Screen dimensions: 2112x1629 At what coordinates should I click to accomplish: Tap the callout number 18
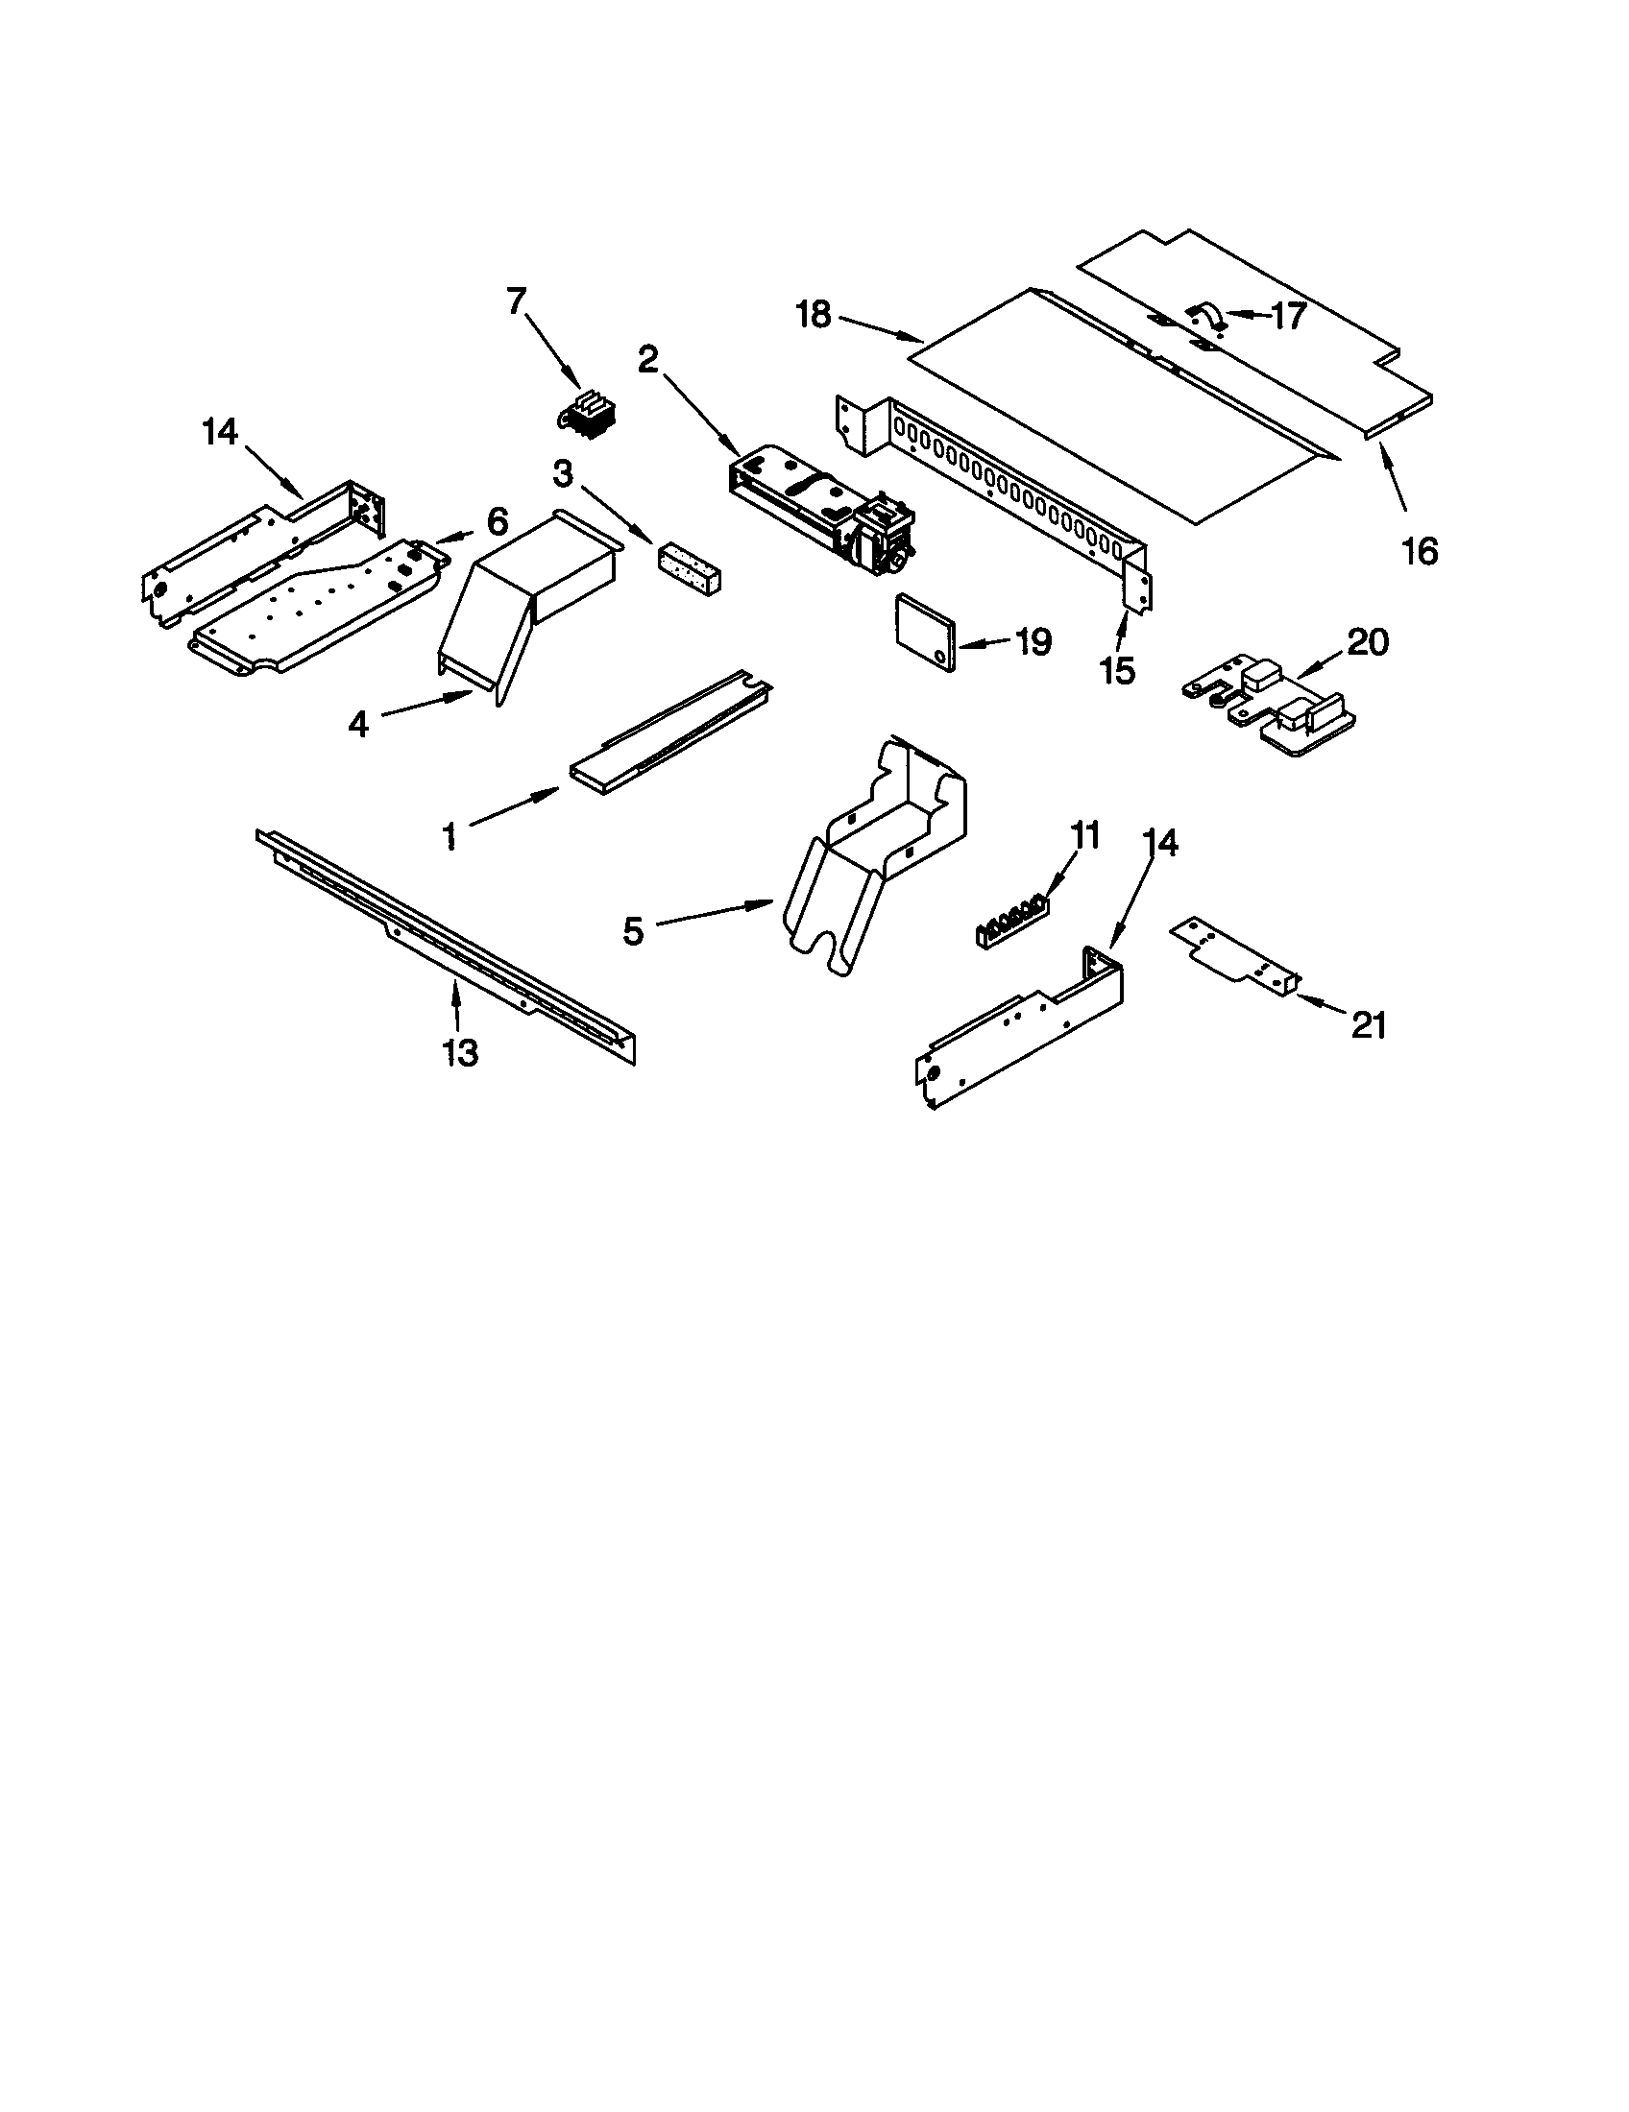point(814,314)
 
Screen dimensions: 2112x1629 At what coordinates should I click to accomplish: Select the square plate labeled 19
point(925,631)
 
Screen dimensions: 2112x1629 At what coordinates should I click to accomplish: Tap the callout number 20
point(1368,642)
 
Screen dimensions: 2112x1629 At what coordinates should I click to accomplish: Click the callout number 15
point(1117,670)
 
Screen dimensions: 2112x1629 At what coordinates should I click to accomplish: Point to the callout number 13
point(460,1052)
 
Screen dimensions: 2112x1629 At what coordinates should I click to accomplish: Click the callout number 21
point(1369,1025)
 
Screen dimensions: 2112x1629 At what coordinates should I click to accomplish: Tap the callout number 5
point(633,932)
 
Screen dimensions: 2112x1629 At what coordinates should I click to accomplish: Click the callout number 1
point(449,835)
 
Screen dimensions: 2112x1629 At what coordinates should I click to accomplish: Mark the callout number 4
point(359,723)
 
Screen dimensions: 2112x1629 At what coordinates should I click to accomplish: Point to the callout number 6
point(497,522)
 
